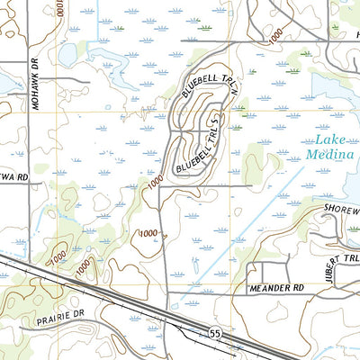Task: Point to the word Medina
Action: pos(326,153)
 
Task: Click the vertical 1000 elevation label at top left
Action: pos(59,9)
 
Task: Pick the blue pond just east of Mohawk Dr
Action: pos(67,56)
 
